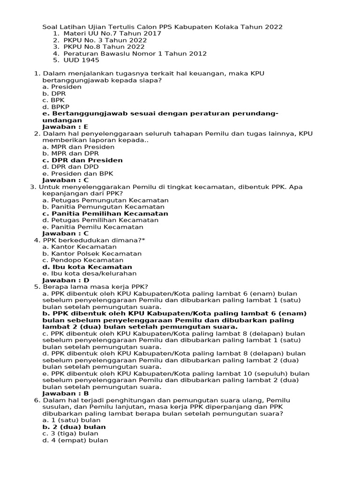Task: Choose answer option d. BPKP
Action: (x=56, y=107)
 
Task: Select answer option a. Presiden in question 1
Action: (x=62, y=87)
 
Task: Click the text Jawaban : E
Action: (x=65, y=127)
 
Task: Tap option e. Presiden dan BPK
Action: (x=78, y=173)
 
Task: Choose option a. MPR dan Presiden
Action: (x=78, y=147)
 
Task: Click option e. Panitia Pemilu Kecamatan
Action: (x=93, y=227)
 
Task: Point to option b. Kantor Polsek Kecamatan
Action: (x=92, y=254)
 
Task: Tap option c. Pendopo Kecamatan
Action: (x=83, y=260)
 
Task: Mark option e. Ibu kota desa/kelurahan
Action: (x=90, y=273)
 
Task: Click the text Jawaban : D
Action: (x=66, y=280)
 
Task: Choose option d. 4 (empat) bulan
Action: (x=75, y=440)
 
